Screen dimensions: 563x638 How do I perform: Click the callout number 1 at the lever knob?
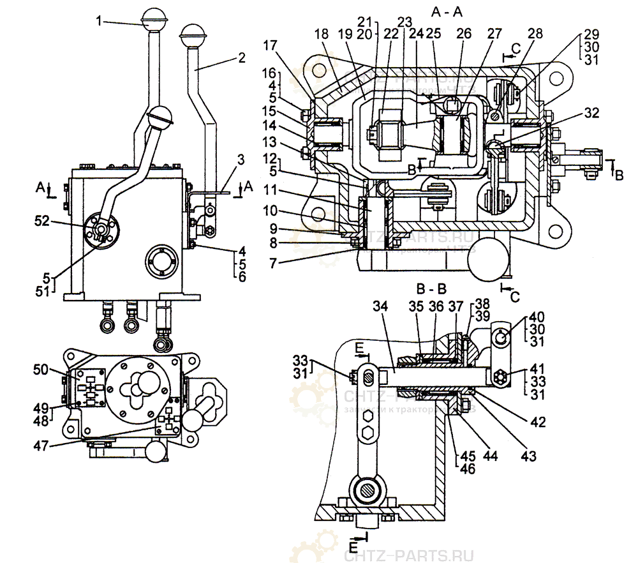coord(100,21)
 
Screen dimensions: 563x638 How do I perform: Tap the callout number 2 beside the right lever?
coord(241,57)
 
